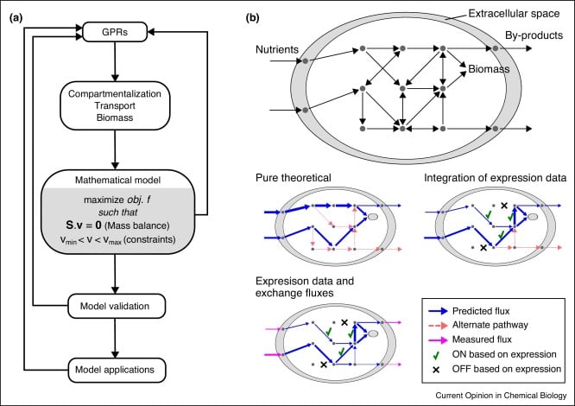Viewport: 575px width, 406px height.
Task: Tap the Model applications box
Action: [117, 369]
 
